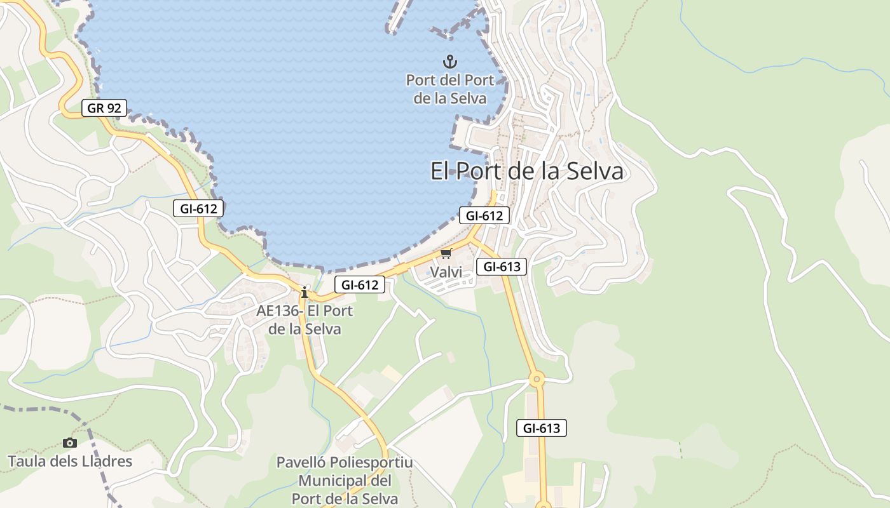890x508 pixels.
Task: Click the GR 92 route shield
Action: [104, 108]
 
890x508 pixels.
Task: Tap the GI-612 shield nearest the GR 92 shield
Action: [198, 208]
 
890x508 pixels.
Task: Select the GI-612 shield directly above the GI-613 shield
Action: [484, 215]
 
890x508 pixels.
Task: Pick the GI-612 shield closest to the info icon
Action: [360, 285]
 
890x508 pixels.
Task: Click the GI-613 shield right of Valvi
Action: [502, 267]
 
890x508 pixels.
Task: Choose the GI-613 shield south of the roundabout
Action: [542, 428]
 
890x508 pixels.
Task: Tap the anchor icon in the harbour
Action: [450, 62]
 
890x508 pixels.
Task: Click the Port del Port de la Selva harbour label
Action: [450, 90]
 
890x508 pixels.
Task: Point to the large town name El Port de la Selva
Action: [527, 171]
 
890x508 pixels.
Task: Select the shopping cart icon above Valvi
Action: [446, 254]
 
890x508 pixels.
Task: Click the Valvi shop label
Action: [445, 272]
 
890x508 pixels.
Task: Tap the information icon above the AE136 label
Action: [305, 293]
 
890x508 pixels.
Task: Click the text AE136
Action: [277, 311]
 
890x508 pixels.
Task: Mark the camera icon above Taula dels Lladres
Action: [70, 443]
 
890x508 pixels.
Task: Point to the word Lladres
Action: [107, 461]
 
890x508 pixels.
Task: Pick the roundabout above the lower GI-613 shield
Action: [537, 380]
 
